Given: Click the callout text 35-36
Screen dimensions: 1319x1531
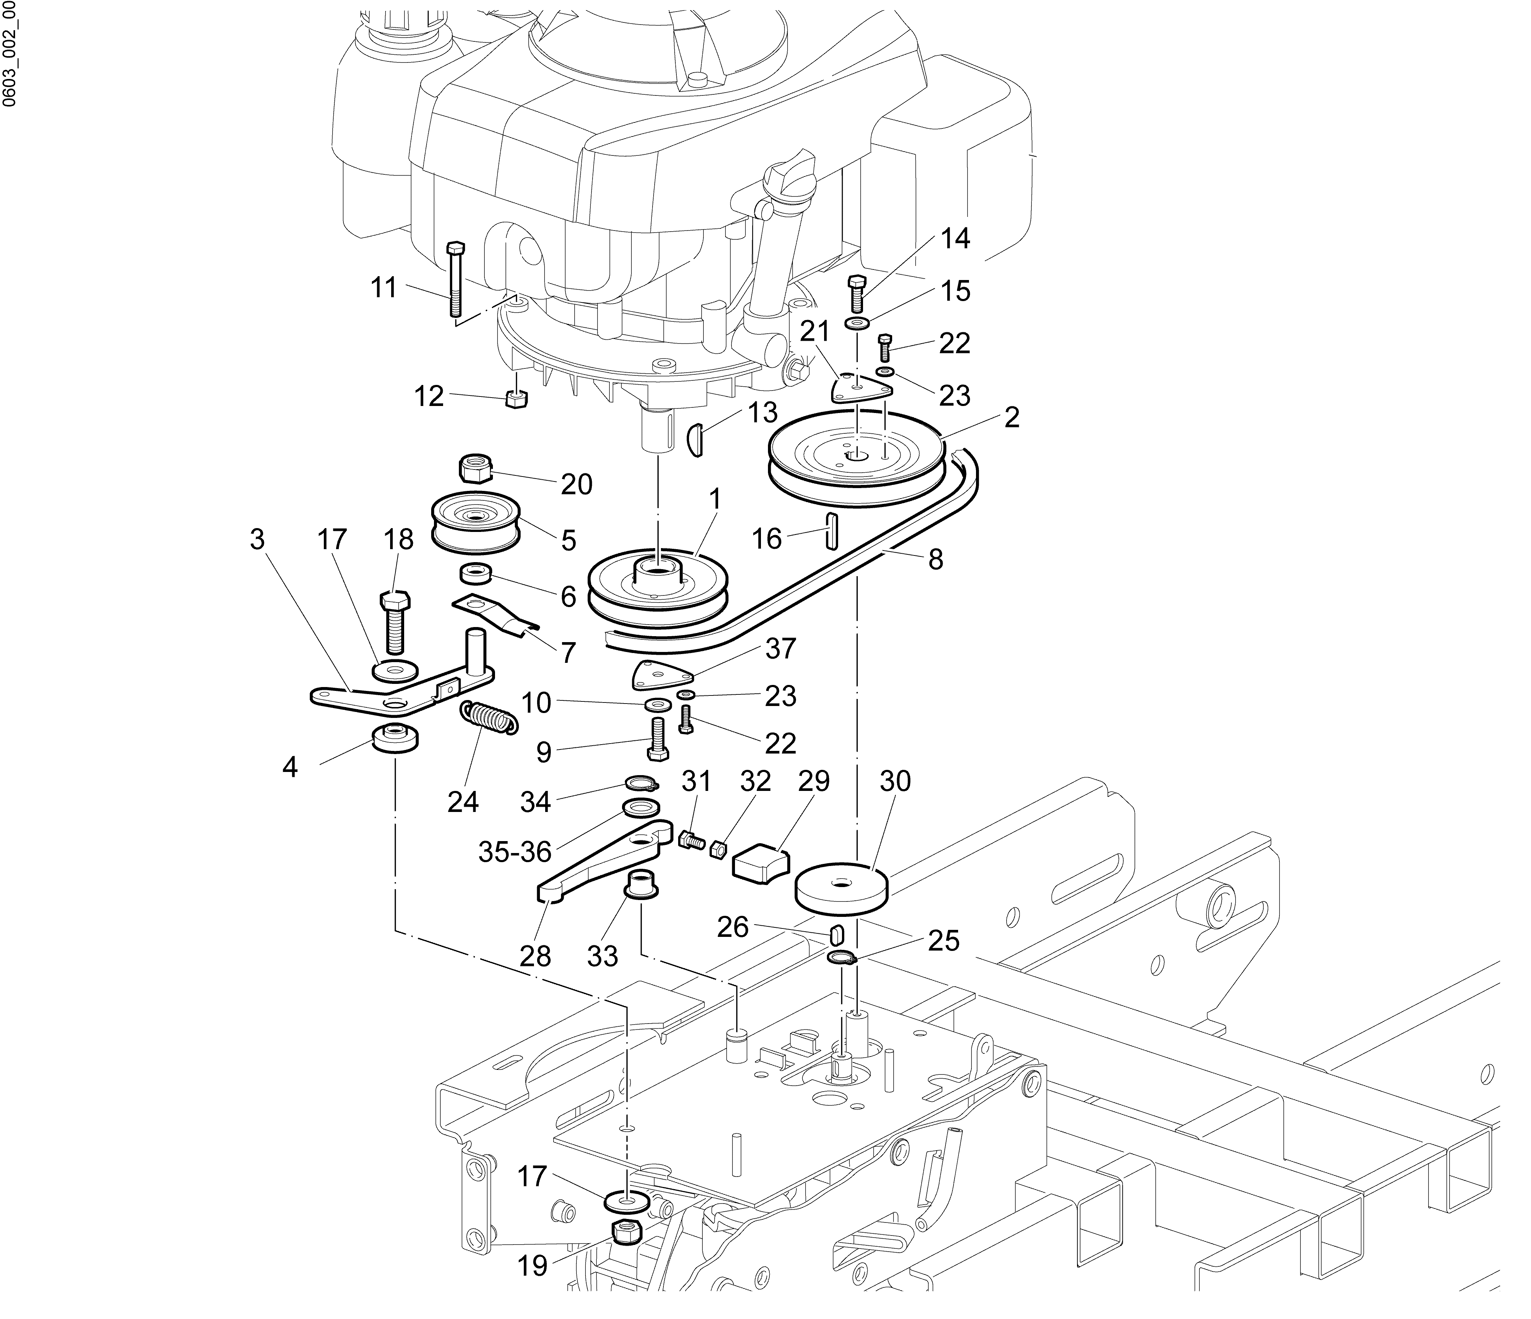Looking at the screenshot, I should point(515,852).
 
